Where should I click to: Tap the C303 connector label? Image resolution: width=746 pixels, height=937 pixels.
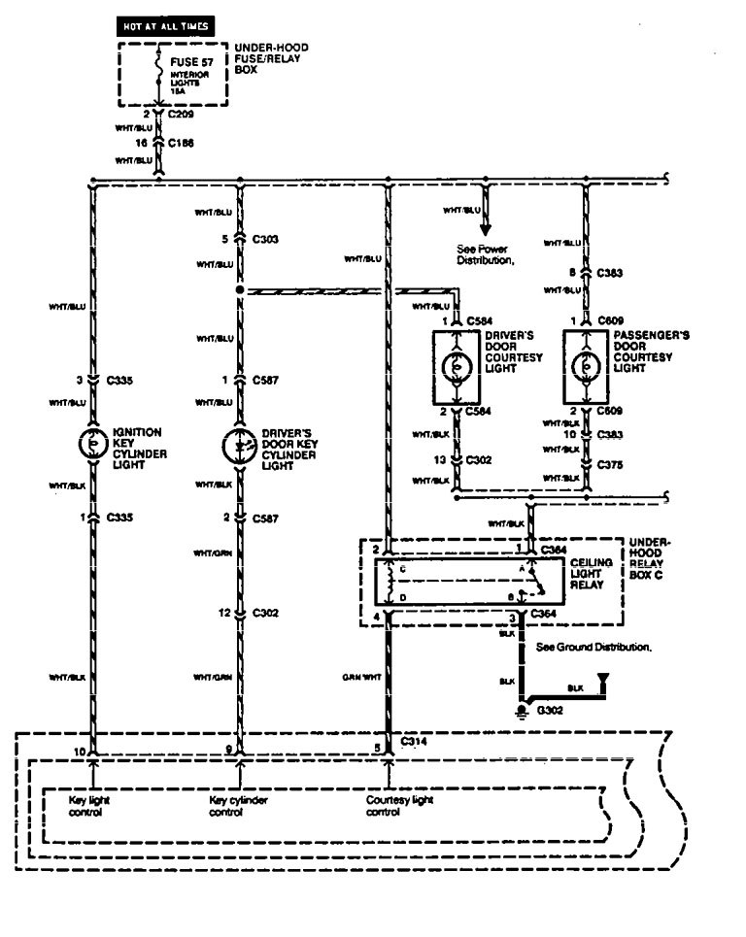tap(266, 238)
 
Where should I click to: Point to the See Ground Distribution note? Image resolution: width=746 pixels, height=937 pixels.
tap(594, 646)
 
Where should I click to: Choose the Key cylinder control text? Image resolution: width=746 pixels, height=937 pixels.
tap(239, 806)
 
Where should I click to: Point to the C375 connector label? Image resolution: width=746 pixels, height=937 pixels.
tap(609, 464)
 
